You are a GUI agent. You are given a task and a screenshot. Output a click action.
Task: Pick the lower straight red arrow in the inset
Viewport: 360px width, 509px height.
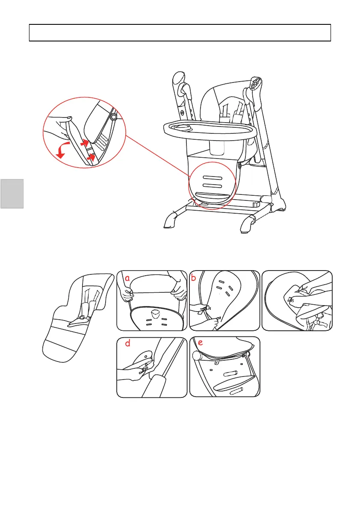(90, 158)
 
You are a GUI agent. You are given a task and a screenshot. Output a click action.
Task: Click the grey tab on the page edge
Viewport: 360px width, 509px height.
(12, 194)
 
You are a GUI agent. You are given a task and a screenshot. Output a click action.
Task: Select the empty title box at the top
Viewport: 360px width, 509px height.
(180, 32)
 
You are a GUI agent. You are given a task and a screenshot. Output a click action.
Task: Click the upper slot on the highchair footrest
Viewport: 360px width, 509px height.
(212, 177)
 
